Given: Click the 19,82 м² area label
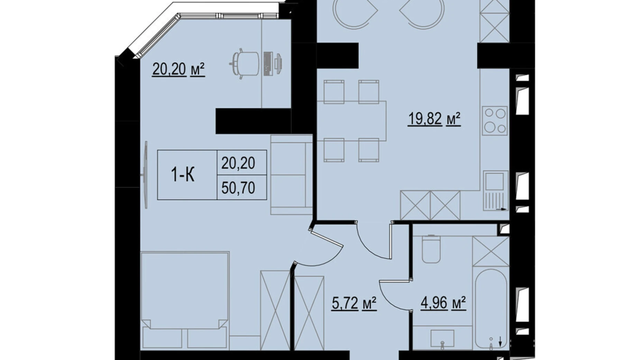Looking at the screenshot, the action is [435, 119].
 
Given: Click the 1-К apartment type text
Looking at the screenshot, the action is [183, 175].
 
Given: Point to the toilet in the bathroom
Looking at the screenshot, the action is [431, 249].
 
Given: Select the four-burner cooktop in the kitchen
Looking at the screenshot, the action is [495, 120].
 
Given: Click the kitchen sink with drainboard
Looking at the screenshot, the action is [495, 190].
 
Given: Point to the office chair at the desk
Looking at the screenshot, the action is [244, 64].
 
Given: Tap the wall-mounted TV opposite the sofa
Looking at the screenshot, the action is [146, 174].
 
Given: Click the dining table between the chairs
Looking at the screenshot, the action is [351, 121].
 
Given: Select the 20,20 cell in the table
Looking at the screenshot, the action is [238, 163].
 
